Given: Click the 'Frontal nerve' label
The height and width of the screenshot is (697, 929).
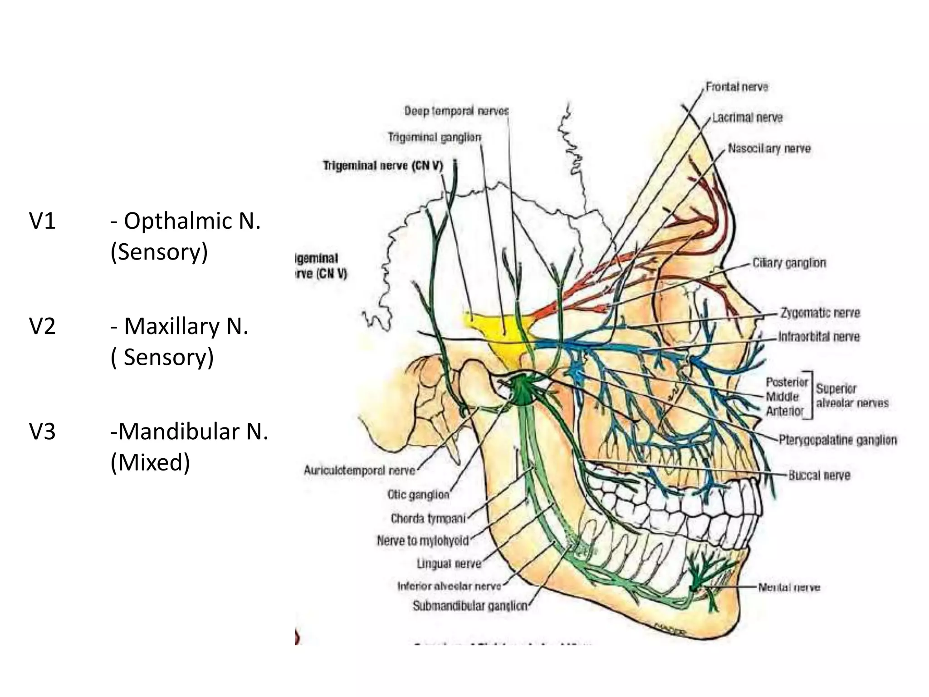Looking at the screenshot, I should [737, 87].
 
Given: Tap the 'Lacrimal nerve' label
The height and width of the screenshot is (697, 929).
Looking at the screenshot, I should [747, 118].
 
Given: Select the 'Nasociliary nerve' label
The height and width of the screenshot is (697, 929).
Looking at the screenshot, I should [769, 148].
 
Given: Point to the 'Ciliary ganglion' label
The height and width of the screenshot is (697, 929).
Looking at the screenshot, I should [789, 263].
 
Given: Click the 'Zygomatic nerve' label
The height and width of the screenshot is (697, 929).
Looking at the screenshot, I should [820, 313].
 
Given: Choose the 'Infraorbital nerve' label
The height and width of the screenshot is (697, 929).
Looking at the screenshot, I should [819, 337].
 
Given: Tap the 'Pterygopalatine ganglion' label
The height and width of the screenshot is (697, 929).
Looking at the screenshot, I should [837, 440].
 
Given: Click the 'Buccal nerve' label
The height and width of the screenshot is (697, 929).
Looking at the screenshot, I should [819, 475].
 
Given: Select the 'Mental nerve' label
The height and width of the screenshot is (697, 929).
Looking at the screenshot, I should [789, 587].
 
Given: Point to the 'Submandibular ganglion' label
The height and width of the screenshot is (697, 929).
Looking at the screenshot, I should [470, 606].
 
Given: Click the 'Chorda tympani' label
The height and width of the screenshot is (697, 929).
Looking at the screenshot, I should [428, 518].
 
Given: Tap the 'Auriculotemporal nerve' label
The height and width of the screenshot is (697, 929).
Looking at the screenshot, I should [359, 470].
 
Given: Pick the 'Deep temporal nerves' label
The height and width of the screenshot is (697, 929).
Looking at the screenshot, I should [456, 111].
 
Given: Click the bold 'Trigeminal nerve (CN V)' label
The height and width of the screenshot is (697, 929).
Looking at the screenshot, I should [382, 166].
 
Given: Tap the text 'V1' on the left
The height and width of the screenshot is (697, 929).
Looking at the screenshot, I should [42, 221].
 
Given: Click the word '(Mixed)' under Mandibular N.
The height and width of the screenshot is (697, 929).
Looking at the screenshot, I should [150, 462].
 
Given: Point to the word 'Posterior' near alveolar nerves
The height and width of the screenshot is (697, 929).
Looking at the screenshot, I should [787, 382].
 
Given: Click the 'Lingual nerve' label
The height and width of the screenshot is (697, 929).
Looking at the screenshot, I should [449, 564].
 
